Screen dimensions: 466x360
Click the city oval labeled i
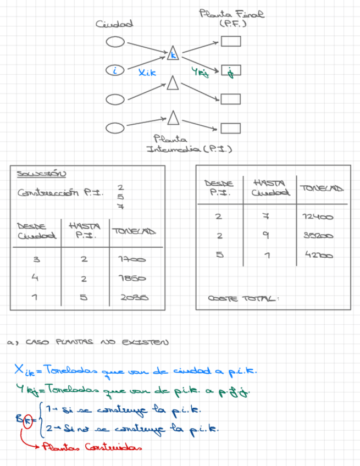115,70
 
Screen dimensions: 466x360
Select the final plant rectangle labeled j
231,70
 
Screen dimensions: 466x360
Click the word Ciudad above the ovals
114,24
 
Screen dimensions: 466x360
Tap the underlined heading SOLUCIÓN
41,174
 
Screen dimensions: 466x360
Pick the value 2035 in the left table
135,298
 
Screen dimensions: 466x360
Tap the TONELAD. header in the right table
322,188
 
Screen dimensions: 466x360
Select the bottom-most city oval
115,128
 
